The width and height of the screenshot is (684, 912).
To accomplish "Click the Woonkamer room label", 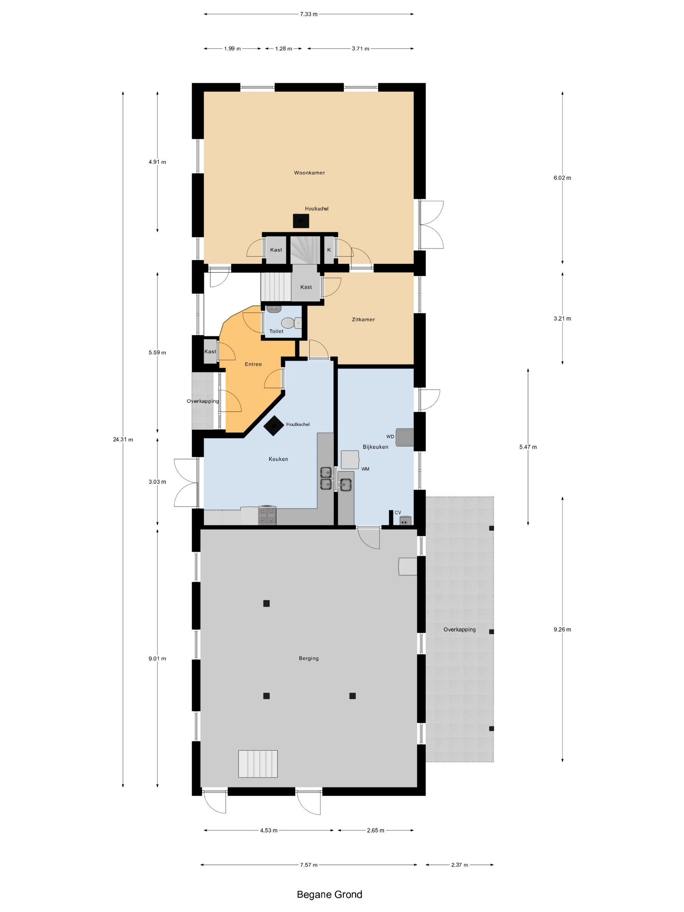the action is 309,173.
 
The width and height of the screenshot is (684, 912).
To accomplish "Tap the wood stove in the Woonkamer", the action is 301,221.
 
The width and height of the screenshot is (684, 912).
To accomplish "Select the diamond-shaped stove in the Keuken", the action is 274,425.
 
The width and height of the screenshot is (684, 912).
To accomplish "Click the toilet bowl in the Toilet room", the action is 290,323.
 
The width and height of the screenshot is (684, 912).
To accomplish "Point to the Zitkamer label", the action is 363,320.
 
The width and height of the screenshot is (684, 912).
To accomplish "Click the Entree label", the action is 253,364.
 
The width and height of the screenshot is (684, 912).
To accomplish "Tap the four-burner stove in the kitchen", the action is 267,515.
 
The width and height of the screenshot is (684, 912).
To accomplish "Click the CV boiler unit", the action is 405,521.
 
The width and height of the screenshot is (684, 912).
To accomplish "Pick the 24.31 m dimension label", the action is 123,439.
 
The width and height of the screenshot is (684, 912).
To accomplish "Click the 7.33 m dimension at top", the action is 309,14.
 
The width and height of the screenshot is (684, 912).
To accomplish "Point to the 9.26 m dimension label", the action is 563,630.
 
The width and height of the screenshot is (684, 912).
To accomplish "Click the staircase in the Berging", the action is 258,764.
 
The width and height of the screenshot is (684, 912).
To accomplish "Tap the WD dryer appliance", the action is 405,437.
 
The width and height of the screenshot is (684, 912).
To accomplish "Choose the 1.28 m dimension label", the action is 284,49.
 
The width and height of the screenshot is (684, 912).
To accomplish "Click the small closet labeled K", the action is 329,250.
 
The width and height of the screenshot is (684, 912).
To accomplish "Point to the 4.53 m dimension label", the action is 268,830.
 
